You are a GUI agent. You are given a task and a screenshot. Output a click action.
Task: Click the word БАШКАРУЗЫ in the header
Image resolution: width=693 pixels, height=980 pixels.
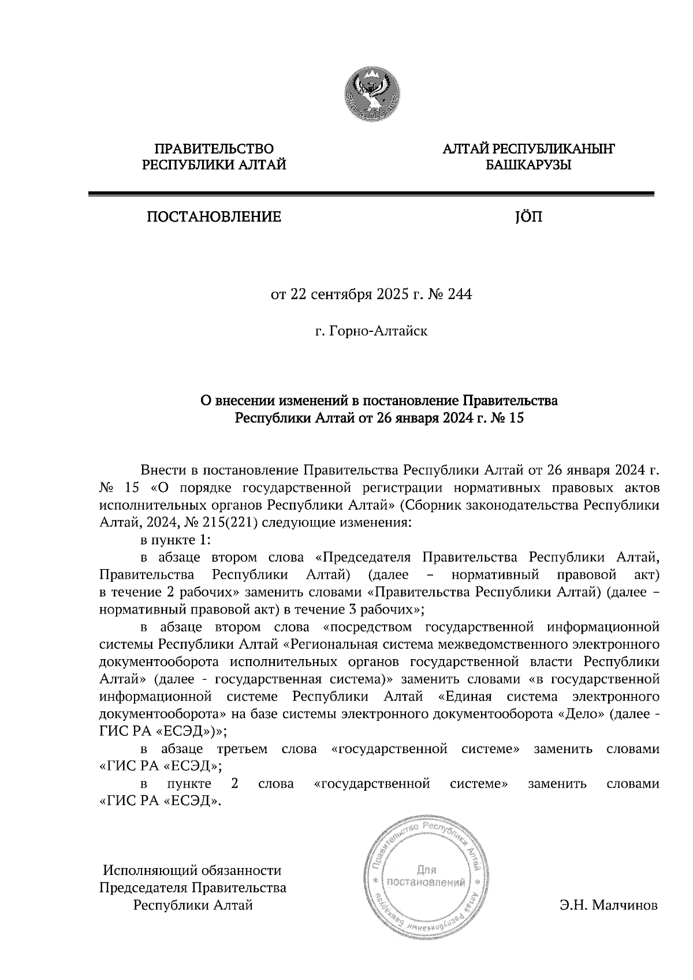coord(528,166)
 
